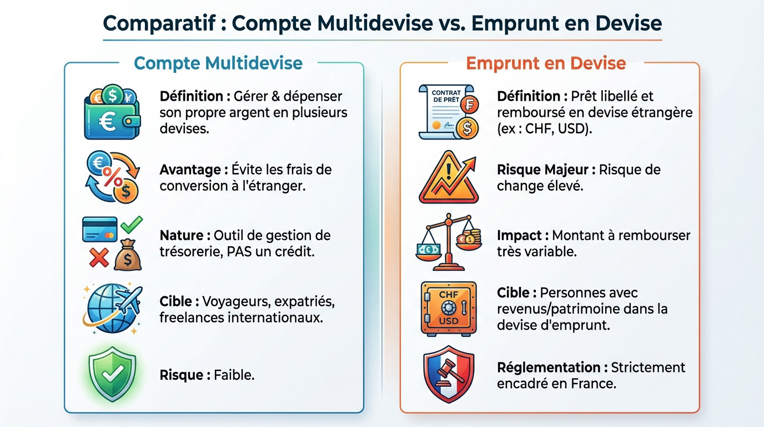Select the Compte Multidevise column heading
(x=218, y=63)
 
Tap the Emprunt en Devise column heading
(x=546, y=63)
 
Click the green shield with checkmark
(x=112, y=375)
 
